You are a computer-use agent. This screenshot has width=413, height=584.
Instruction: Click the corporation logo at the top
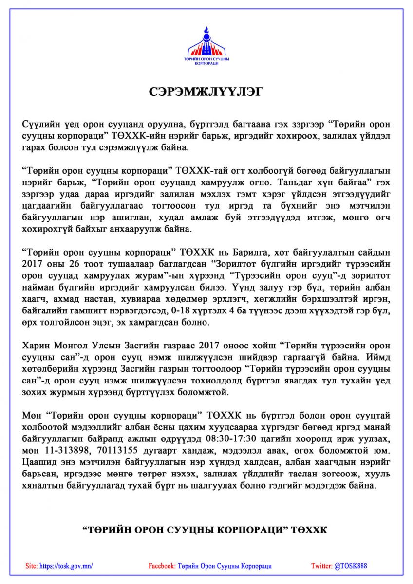coord(206,46)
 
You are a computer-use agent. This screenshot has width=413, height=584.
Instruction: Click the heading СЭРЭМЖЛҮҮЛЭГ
coord(206,92)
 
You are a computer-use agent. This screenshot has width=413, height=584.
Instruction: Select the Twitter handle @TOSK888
coord(350,566)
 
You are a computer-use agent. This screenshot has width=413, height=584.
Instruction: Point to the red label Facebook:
coord(162,566)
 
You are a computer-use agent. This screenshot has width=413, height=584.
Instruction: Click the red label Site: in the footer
coord(31,566)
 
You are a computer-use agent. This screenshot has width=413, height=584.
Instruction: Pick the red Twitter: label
coord(321,566)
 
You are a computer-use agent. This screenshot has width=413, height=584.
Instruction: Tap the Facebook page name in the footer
coord(225,566)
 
